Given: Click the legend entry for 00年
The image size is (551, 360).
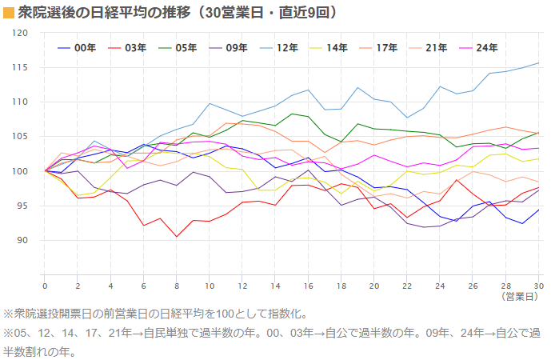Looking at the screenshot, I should [77, 48].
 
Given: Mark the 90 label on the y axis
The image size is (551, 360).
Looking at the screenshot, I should [23, 240].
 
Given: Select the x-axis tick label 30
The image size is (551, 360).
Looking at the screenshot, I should [538, 286].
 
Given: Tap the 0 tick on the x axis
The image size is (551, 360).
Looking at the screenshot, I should [45, 286].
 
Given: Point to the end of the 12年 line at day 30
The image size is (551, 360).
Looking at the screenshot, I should [538, 62].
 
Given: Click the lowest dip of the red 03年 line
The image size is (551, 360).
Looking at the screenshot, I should [177, 237].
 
